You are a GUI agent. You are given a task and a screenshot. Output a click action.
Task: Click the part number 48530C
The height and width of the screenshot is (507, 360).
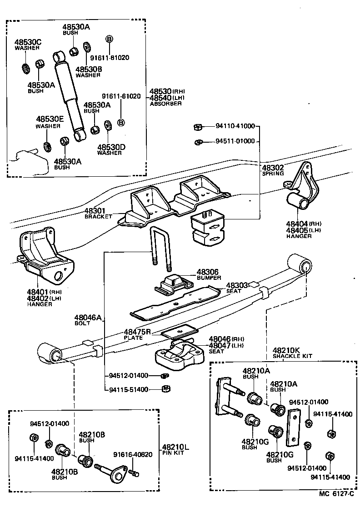[28, 42]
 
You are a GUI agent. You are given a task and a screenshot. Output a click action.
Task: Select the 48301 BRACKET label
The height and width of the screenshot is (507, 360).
[97, 214]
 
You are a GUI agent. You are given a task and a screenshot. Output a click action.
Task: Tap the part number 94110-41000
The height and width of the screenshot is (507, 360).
[235, 126]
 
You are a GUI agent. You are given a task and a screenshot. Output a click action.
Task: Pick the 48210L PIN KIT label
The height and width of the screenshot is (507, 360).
[175, 449]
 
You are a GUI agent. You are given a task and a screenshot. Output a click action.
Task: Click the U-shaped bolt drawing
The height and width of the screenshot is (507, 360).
[160, 250]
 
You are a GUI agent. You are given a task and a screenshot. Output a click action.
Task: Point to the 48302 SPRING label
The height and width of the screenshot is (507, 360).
[273, 170]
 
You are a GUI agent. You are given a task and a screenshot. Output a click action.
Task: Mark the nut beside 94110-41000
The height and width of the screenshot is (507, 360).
[198, 127]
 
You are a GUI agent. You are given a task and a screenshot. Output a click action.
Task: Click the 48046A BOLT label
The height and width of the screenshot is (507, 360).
[88, 320]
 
